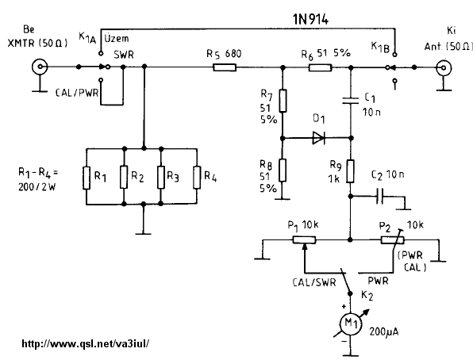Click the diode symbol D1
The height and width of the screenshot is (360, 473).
tap(318, 138)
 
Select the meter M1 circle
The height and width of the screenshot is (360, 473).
tap(351, 324)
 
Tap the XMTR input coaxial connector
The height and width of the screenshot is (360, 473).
tap(40, 67)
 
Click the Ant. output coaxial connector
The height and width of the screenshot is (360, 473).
tap(444, 67)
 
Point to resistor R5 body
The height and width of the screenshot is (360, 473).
tap(225, 67)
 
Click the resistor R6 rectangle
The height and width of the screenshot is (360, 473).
tap(321, 67)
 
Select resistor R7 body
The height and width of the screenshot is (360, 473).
tap(283, 101)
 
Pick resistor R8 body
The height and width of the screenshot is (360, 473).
tap(283, 170)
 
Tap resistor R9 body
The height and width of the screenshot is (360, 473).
tap(350, 171)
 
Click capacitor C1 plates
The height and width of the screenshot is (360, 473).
tap(351, 101)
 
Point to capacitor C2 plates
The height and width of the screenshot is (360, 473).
tap(380, 197)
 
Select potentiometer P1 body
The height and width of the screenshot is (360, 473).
tap(305, 240)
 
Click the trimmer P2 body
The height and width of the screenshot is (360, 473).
tap(392, 240)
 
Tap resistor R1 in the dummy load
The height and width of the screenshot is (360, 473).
tap(87, 178)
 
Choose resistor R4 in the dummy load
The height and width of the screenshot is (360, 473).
tap(197, 178)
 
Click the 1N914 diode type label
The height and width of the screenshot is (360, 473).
tap(311, 19)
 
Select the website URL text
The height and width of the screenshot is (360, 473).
tap(86, 343)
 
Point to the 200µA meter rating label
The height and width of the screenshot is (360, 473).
tap(383, 331)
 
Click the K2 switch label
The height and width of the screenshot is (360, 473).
tap(367, 296)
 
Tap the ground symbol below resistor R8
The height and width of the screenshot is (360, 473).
tap(282, 199)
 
